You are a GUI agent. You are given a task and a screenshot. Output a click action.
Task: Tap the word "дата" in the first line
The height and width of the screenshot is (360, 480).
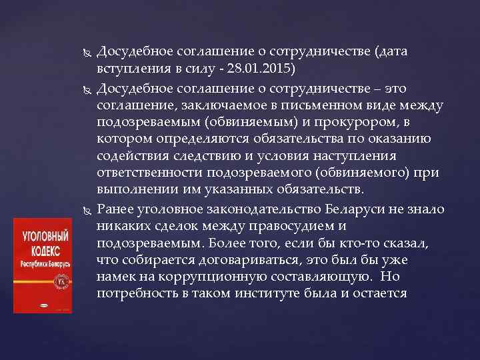[x=388, y=51]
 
